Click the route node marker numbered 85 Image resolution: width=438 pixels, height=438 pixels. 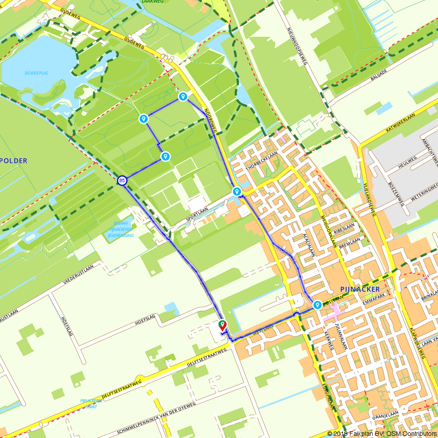[122, 180]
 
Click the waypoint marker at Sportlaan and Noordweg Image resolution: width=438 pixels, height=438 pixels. [237, 191]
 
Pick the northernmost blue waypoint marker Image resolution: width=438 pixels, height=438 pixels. [183, 96]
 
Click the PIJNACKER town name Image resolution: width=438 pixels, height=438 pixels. [360, 289]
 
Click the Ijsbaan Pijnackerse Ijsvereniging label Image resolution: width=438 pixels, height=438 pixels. [121, 230]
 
